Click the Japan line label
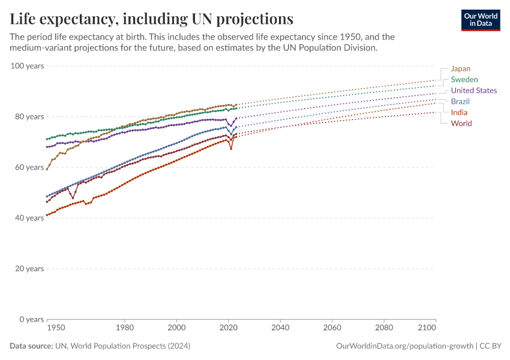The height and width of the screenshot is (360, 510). coord(460,68)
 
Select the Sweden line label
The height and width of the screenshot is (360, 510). coord(464,79)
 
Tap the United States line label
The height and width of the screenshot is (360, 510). coord(473,91)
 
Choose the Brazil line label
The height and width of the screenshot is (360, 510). coord(460,101)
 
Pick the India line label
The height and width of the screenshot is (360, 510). coord(459,112)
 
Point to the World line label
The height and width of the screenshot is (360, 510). coord(461,123)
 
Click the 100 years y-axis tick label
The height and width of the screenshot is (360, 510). coord(27,65)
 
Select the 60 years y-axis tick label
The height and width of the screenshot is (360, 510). coord(29,167)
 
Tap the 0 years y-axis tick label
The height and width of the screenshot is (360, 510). coord(31,319)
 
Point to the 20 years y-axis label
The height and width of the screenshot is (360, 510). coord(29,268)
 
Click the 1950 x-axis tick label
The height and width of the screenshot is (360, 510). coord(56,328)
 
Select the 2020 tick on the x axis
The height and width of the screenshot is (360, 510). coord(228,328)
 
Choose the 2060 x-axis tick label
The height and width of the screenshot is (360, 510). coord(332,328)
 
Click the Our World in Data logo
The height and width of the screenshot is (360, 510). coord(481,20)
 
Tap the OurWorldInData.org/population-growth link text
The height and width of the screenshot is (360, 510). coord(403,346)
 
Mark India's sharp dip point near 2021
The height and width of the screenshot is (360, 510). coord(231,148)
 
